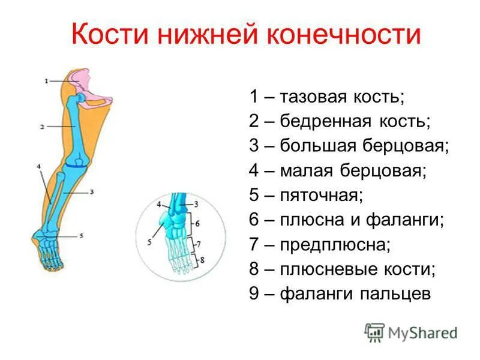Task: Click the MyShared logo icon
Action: point(374,332)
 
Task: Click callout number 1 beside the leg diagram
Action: point(46,80)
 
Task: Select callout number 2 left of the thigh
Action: point(43,127)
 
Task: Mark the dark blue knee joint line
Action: point(77,164)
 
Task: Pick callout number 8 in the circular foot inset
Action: point(202,260)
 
